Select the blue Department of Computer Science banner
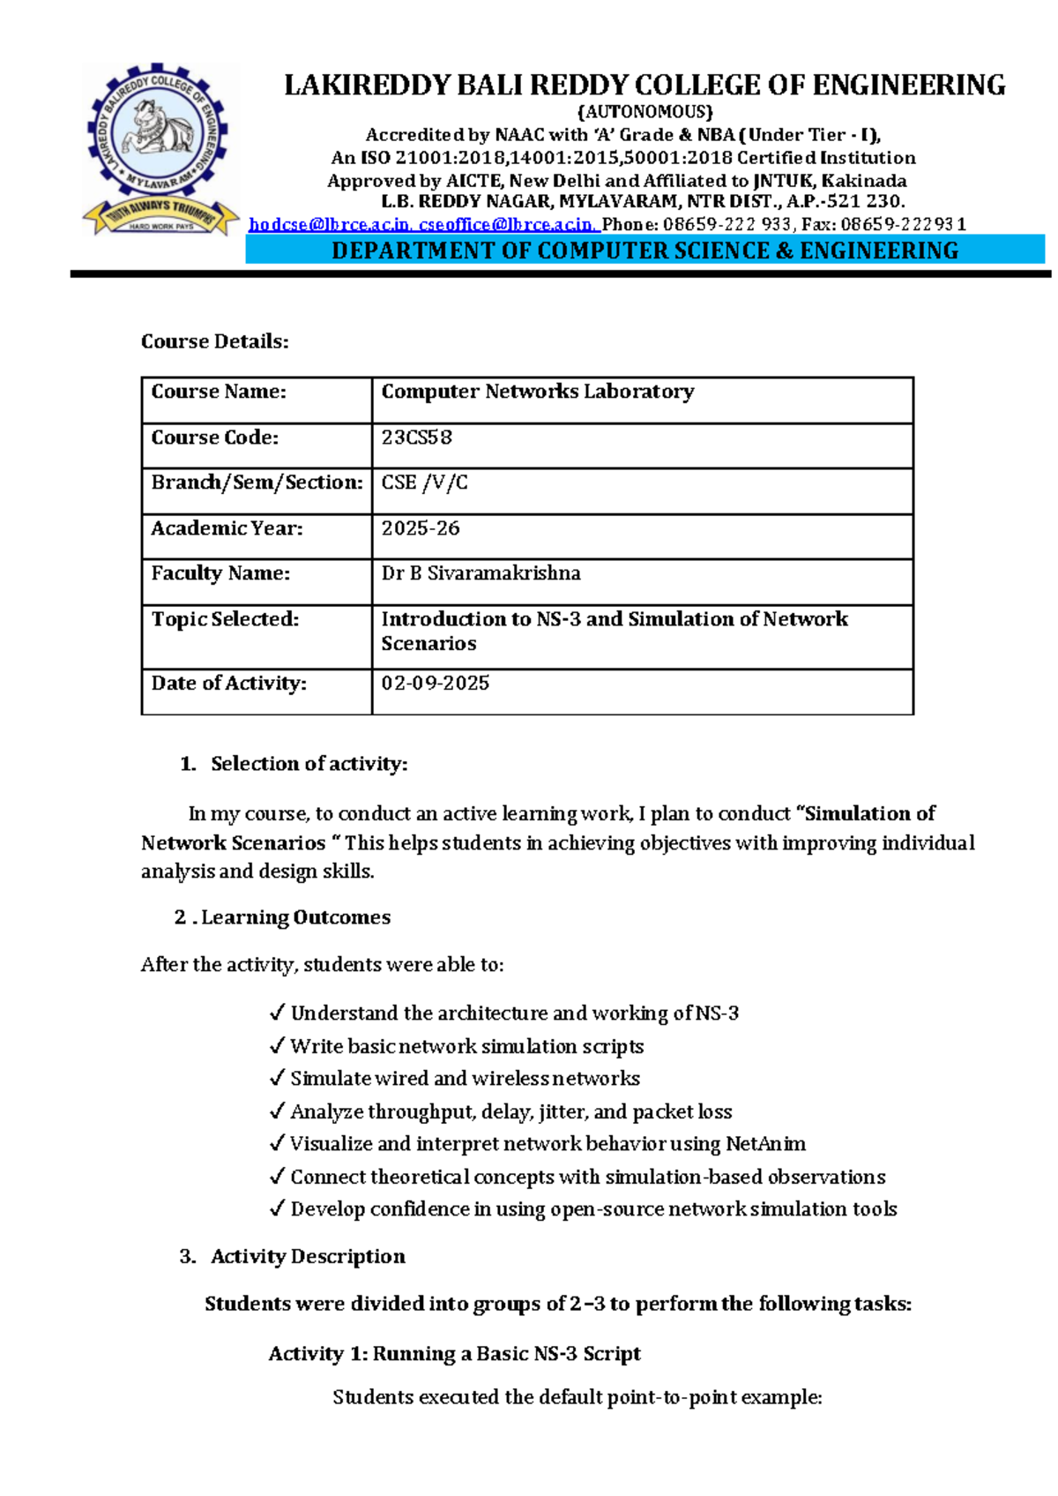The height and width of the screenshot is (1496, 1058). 644,251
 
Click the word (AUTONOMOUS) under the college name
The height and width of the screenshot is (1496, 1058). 644,112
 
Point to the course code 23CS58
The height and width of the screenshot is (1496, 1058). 416,438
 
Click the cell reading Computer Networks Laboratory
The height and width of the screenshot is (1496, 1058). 537,392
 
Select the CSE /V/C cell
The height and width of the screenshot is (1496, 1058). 424,482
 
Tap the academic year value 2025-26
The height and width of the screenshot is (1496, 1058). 420,528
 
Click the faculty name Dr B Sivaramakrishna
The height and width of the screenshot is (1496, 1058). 481,573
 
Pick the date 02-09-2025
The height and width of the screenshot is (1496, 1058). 435,684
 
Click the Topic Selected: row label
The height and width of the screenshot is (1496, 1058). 225,619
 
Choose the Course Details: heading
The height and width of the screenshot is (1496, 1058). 214,341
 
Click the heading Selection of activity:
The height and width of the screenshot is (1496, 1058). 309,764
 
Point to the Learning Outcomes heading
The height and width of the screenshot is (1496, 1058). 295,917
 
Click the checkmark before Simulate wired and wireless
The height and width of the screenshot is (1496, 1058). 277,1078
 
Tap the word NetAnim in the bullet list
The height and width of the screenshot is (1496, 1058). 764,1144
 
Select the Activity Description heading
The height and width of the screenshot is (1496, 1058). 308,1256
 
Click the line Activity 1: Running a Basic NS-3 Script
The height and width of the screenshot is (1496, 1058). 454,1353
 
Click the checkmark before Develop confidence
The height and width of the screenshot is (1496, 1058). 277,1208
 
